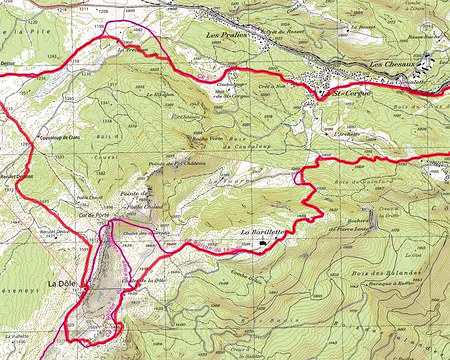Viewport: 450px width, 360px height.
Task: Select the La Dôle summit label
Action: click(x=63, y=284)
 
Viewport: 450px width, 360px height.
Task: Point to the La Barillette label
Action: click(x=288, y=231)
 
